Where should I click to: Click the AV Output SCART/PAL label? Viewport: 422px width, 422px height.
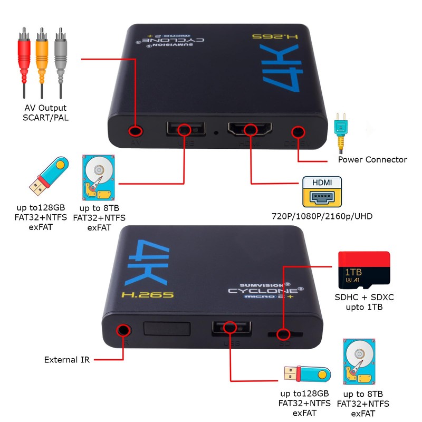coord(45,112)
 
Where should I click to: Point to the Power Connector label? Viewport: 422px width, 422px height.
coord(372,159)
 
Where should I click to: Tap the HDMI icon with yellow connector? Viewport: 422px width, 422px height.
coord(321,191)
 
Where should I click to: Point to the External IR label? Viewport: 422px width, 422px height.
coord(67,360)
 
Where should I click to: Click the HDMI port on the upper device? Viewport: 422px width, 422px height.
coord(250,129)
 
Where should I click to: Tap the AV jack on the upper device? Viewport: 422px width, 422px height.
coord(136,130)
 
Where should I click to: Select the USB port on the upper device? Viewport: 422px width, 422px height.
coord(184,129)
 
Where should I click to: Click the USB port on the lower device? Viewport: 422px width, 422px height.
coord(230,328)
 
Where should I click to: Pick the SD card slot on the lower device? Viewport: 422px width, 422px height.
coord(284,333)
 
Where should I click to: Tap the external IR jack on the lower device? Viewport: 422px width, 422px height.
coord(123,330)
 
